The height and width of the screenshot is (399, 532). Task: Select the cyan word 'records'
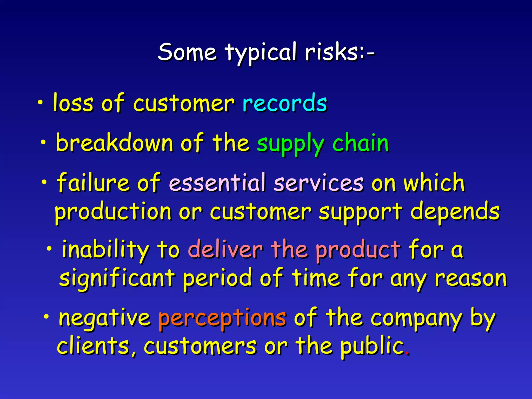tap(285, 103)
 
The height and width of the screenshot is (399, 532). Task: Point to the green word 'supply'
tap(290, 144)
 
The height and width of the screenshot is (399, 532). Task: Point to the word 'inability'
tap(105, 249)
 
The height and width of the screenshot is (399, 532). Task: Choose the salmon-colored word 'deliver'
tap(225, 249)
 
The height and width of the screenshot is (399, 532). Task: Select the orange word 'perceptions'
tap(222, 318)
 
